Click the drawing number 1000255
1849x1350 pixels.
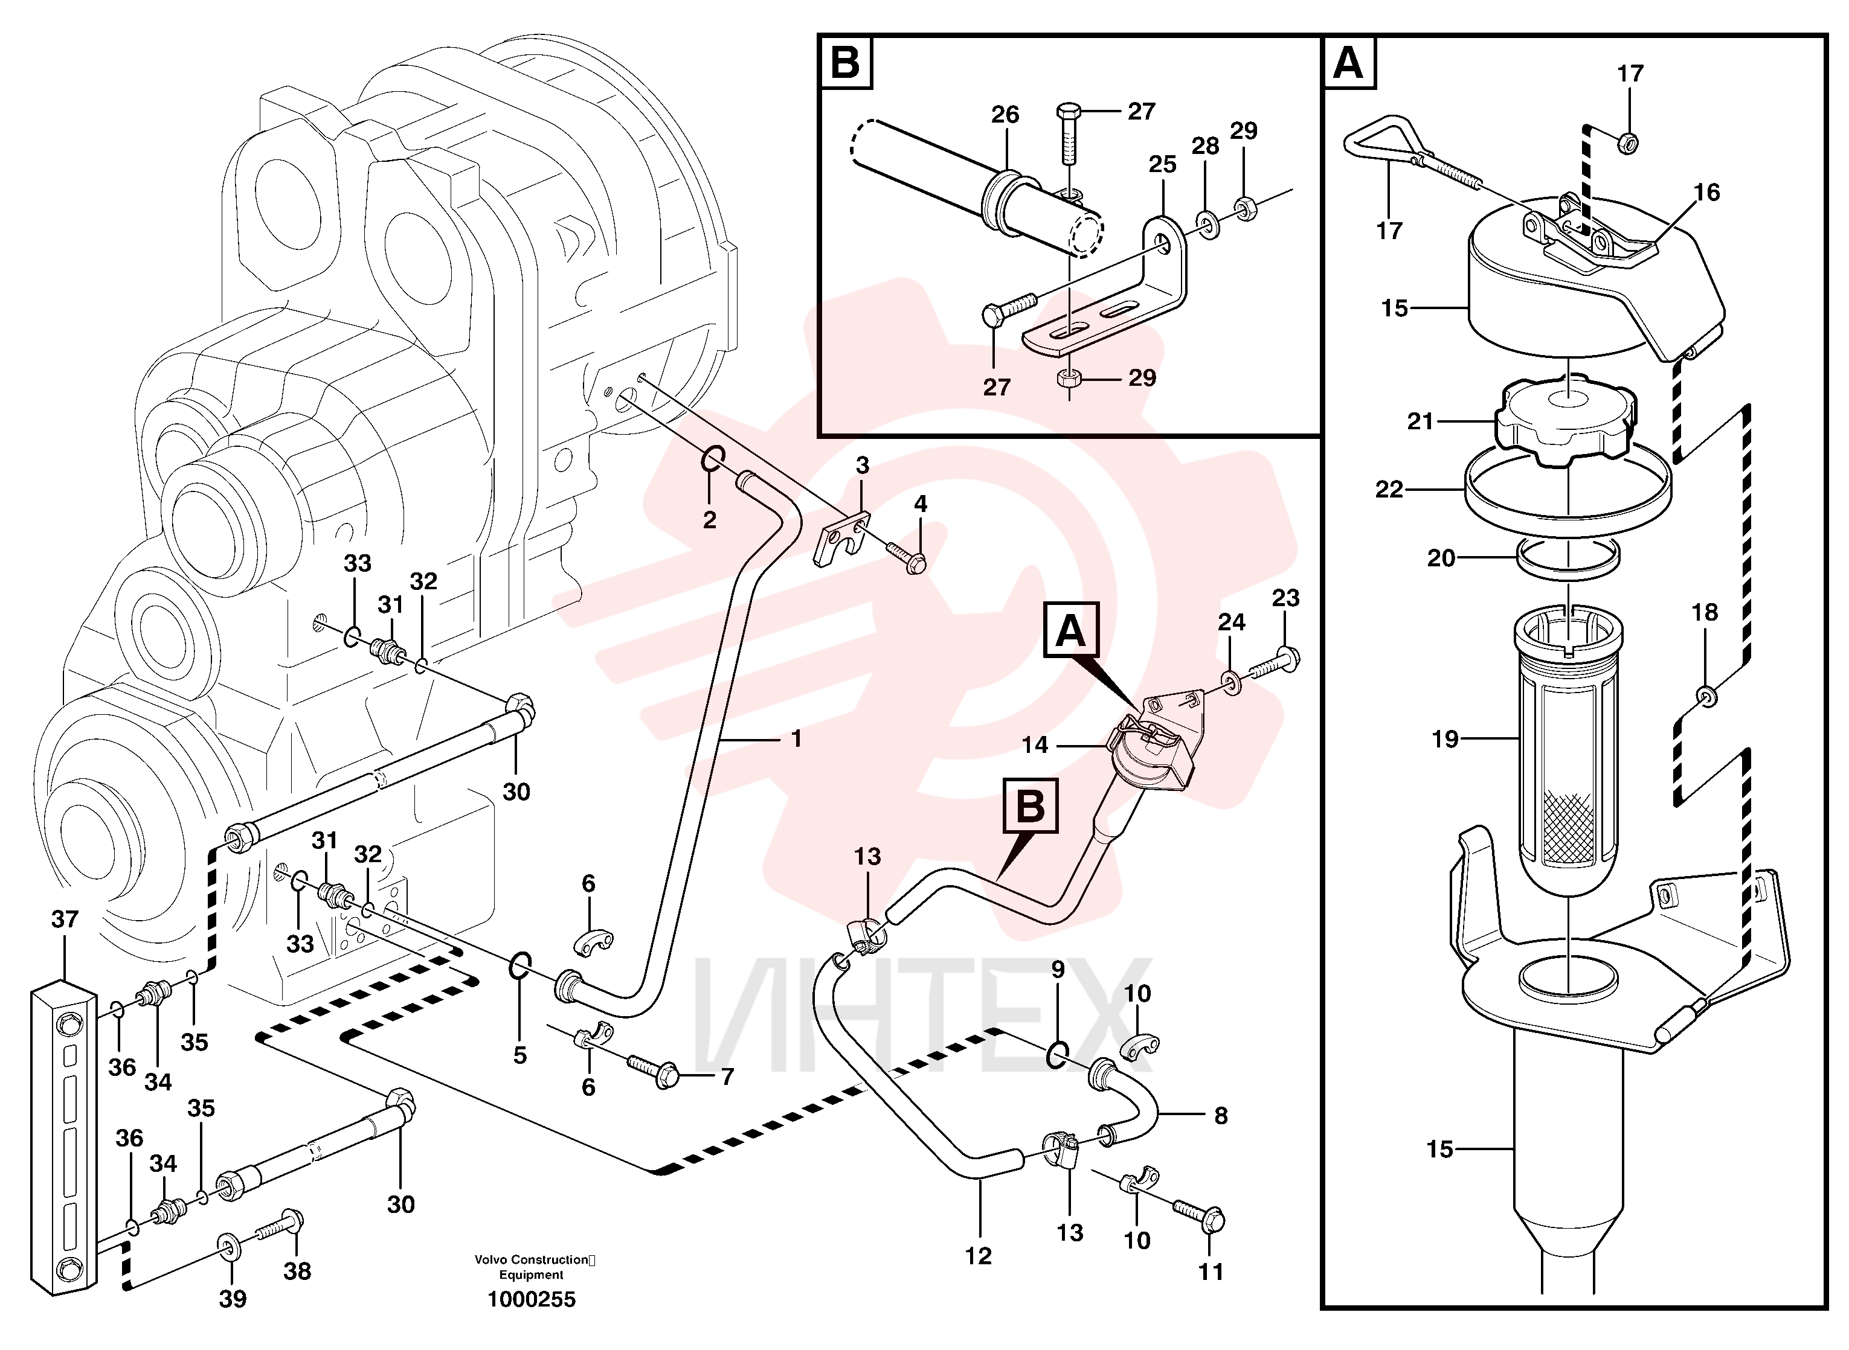coord(532,1299)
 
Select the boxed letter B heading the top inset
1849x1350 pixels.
coord(845,62)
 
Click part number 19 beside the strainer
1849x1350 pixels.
coord(1445,739)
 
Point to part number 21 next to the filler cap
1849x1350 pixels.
coord(1421,421)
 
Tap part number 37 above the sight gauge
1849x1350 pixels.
coord(65,920)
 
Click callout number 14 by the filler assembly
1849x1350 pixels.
coord(1035,744)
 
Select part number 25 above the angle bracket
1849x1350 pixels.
coord(1162,164)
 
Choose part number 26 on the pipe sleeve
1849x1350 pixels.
coord(1005,114)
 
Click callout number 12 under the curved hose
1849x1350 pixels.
coord(979,1256)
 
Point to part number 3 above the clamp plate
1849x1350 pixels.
coord(863,465)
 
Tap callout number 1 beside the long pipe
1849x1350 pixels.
coord(796,739)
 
